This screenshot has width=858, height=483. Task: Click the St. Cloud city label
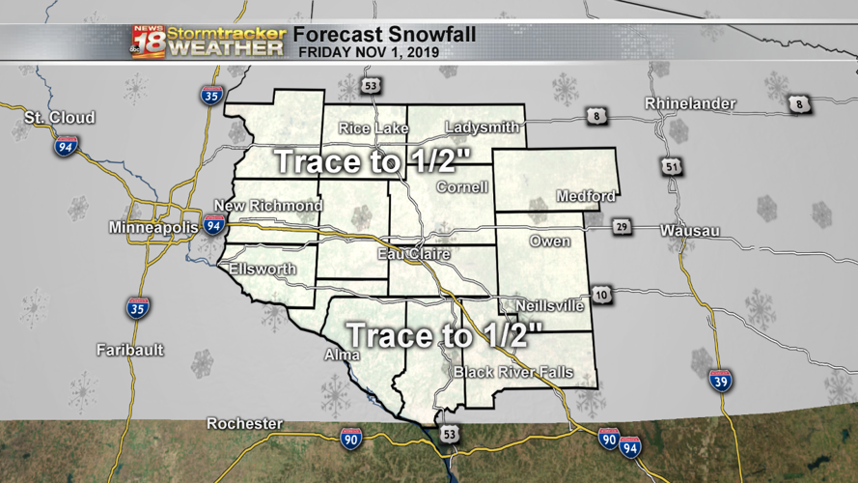(x=60, y=118)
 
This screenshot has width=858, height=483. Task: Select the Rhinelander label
(x=690, y=103)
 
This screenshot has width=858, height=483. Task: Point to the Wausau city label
(x=692, y=231)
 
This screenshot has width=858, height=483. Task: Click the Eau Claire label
(x=416, y=255)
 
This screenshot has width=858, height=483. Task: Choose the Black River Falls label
(x=513, y=373)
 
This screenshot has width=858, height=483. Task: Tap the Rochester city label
(x=244, y=424)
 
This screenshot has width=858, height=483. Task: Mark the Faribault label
(x=130, y=350)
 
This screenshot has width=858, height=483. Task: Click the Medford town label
(x=585, y=197)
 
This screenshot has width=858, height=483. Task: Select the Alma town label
(x=341, y=355)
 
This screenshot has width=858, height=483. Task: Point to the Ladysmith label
(x=484, y=128)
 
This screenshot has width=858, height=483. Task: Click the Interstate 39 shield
(x=720, y=381)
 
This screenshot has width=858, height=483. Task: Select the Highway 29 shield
(x=623, y=227)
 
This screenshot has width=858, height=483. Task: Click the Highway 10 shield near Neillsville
(x=601, y=295)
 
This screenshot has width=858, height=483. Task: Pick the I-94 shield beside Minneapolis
(x=214, y=227)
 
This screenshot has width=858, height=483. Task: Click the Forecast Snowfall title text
(x=384, y=34)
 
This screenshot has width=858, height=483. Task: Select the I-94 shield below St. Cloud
(x=66, y=147)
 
